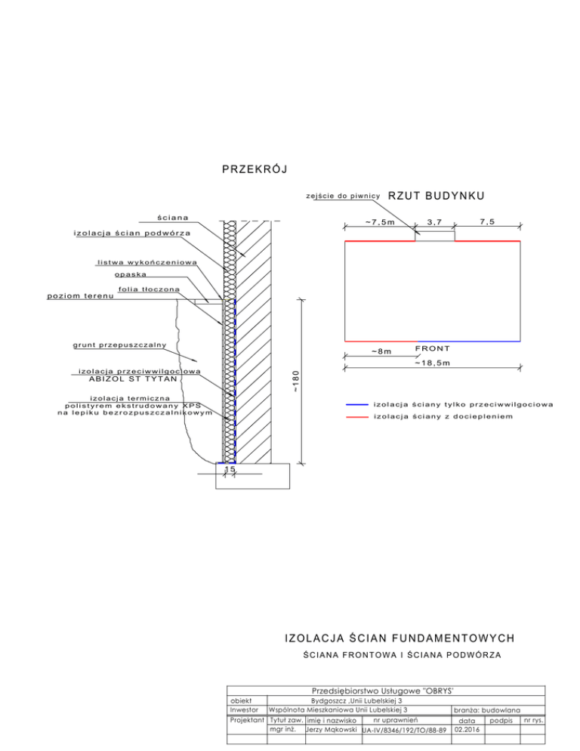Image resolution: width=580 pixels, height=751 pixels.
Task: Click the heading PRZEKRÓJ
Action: click(255, 169)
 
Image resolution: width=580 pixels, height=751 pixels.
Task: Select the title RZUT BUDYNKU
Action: click(436, 196)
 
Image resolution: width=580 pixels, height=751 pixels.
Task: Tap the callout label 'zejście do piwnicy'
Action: click(343, 196)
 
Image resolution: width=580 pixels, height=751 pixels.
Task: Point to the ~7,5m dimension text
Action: click(380, 222)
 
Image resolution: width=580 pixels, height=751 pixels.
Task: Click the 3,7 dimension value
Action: click(434, 222)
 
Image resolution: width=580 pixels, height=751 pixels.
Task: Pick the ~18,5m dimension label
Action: click(433, 363)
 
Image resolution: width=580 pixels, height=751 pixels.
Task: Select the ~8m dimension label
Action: click(381, 351)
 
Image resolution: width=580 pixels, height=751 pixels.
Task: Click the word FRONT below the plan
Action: click(433, 348)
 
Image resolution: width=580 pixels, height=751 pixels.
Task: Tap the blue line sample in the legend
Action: click(356, 405)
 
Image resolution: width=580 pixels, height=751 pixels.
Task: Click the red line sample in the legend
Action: click(356, 417)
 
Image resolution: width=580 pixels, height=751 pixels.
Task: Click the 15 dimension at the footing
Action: click(230, 469)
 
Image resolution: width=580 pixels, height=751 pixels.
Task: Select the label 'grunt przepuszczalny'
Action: click(120, 345)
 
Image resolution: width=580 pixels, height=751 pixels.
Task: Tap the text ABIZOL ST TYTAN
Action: click(133, 379)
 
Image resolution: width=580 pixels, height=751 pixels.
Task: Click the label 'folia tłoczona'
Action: click(149, 289)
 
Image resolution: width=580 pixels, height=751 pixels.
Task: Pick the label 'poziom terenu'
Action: click(81, 296)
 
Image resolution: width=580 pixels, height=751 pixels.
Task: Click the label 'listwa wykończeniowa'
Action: click(147, 262)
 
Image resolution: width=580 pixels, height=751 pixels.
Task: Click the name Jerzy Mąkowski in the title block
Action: click(332, 730)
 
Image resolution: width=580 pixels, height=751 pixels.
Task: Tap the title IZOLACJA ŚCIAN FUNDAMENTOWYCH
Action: click(400, 638)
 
